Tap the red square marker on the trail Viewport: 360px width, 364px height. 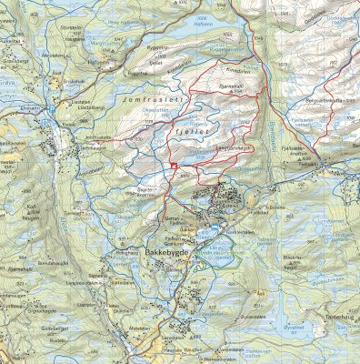pos(171,165)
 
